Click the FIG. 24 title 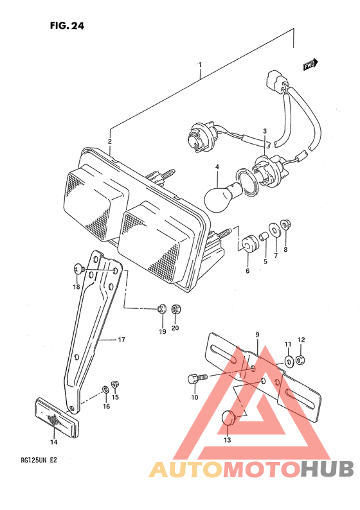click(x=67, y=25)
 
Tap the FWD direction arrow click(x=310, y=64)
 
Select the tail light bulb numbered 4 click(x=223, y=196)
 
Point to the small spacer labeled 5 click(x=264, y=236)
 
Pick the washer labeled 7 click(x=276, y=230)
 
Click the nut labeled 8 click(x=286, y=224)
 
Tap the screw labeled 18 click(x=80, y=268)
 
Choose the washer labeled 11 click(x=289, y=361)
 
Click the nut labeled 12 click(x=300, y=360)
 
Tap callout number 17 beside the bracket click(x=121, y=340)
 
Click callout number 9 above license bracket click(x=257, y=335)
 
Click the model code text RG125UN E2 click(x=37, y=460)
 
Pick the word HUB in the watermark click(x=327, y=469)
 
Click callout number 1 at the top click(x=200, y=65)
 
